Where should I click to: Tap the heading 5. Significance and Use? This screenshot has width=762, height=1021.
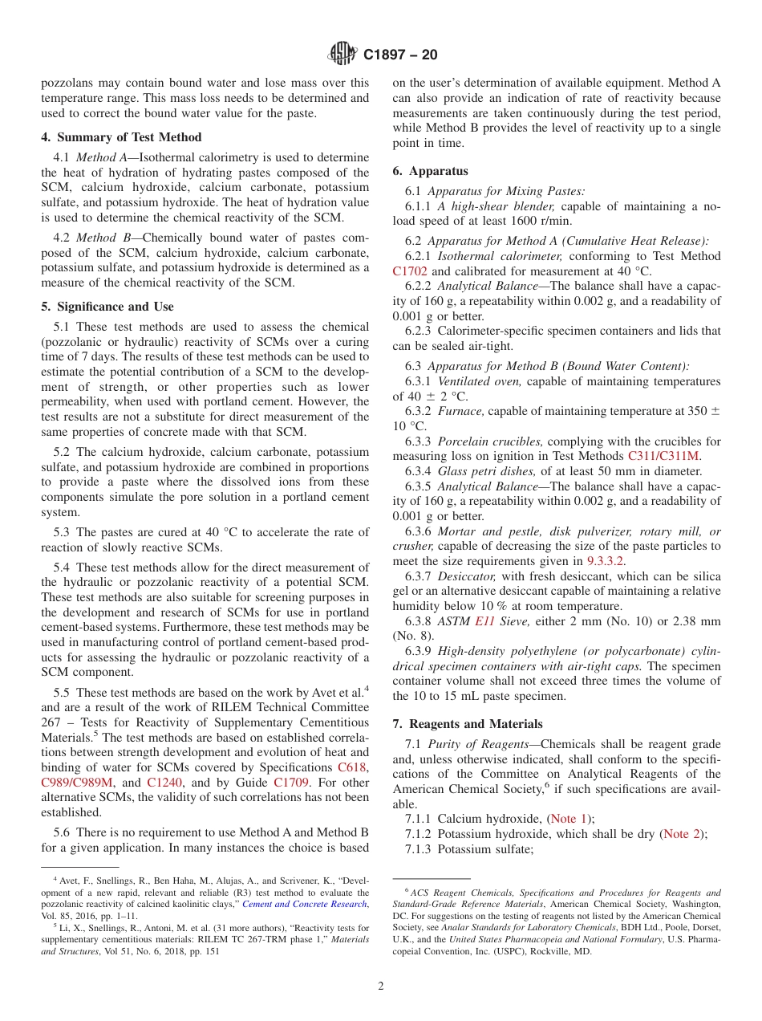pyautogui.click(x=107, y=307)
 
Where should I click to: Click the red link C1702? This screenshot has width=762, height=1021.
pyautogui.click(x=410, y=271)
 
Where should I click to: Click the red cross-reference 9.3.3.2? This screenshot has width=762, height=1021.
pyautogui.click(x=606, y=562)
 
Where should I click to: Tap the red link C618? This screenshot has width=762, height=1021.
pyautogui.click(x=353, y=767)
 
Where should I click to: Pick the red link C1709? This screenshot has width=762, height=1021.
pyautogui.click(x=290, y=782)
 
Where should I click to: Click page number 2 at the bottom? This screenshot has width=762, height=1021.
pyautogui.click(x=380, y=986)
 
